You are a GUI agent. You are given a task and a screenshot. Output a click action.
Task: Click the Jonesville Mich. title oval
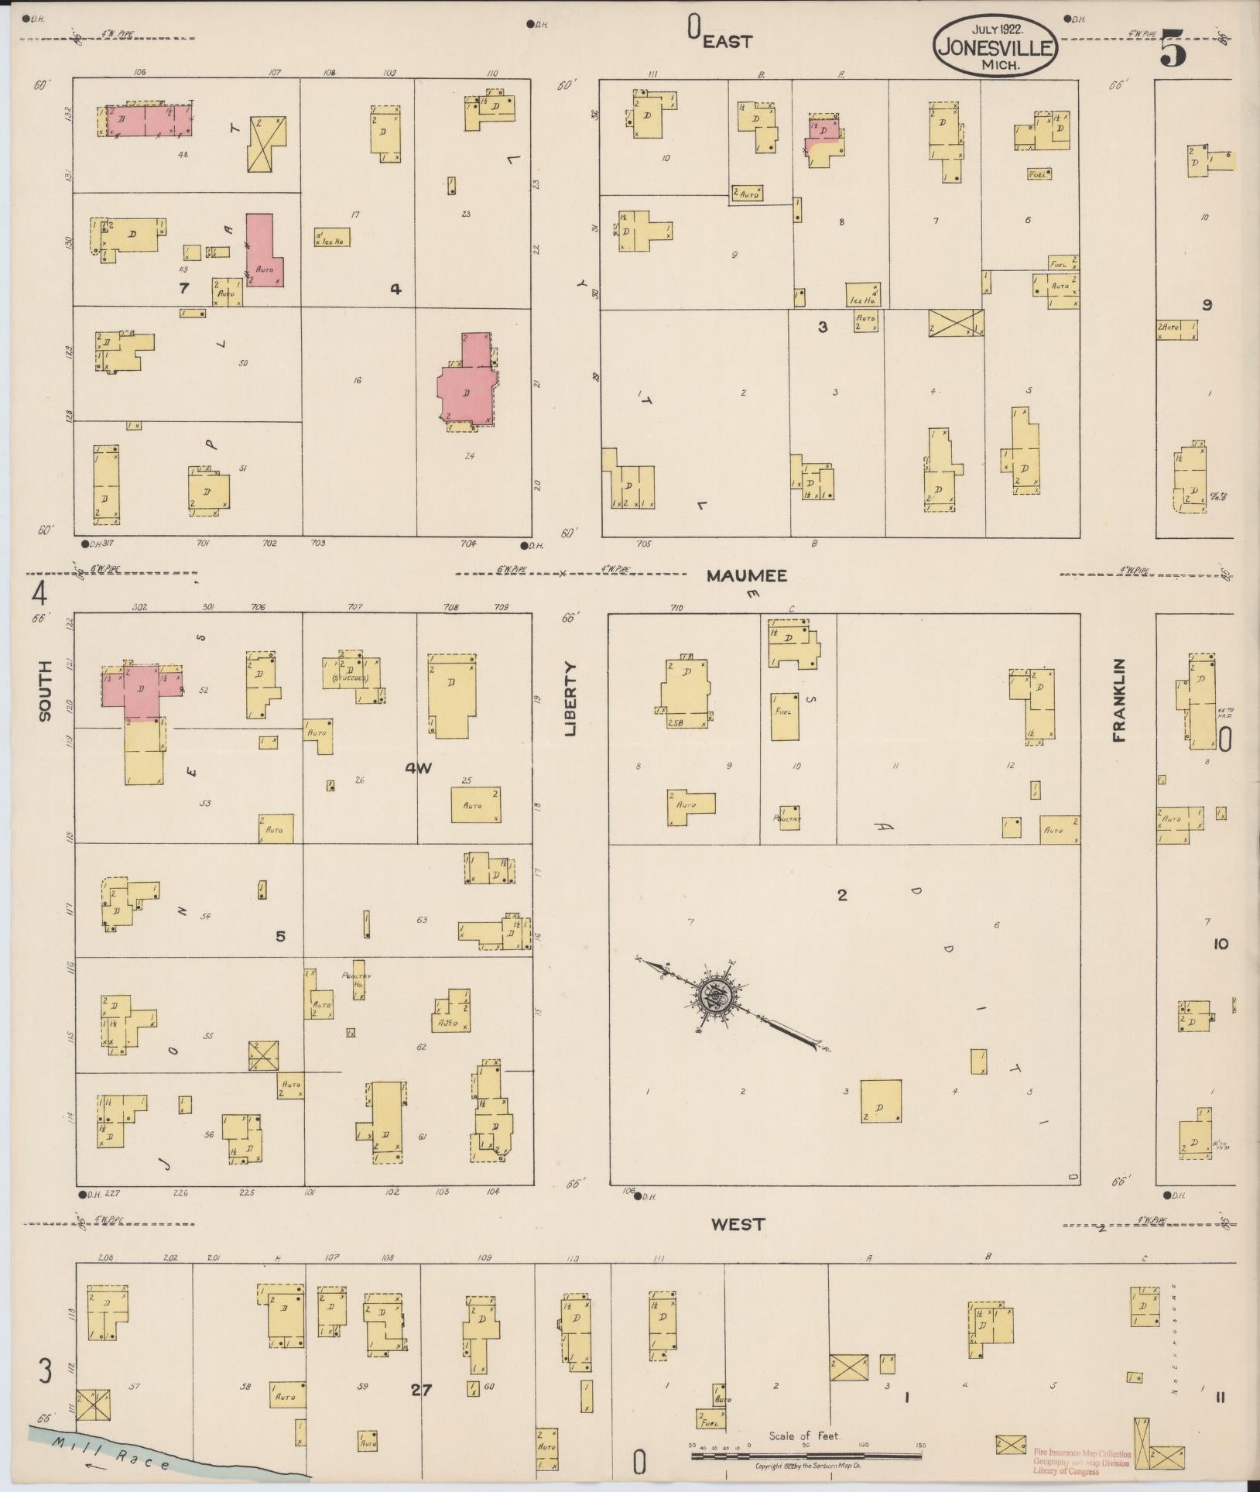[x=995, y=48]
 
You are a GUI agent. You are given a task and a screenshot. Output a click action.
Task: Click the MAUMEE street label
[x=746, y=576]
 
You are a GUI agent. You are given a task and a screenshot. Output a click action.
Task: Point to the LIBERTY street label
[x=571, y=698]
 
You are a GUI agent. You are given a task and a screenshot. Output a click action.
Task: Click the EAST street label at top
[x=728, y=42]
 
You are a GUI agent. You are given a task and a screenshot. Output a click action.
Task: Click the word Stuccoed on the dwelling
[x=350, y=678]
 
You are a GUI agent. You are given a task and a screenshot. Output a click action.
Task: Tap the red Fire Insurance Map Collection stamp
[x=1081, y=1462]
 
